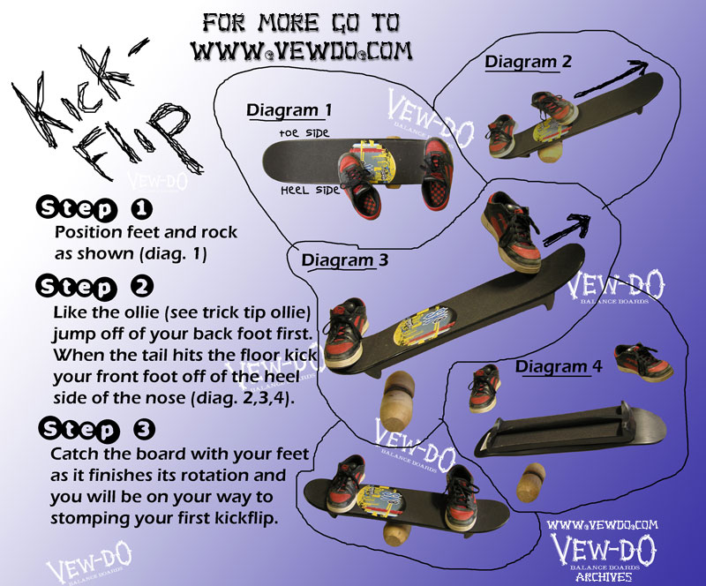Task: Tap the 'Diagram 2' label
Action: tap(528, 62)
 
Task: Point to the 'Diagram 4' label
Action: tap(559, 365)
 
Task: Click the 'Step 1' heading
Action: tap(94, 209)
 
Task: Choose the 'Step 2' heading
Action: tap(95, 288)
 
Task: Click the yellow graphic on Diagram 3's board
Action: tap(422, 322)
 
